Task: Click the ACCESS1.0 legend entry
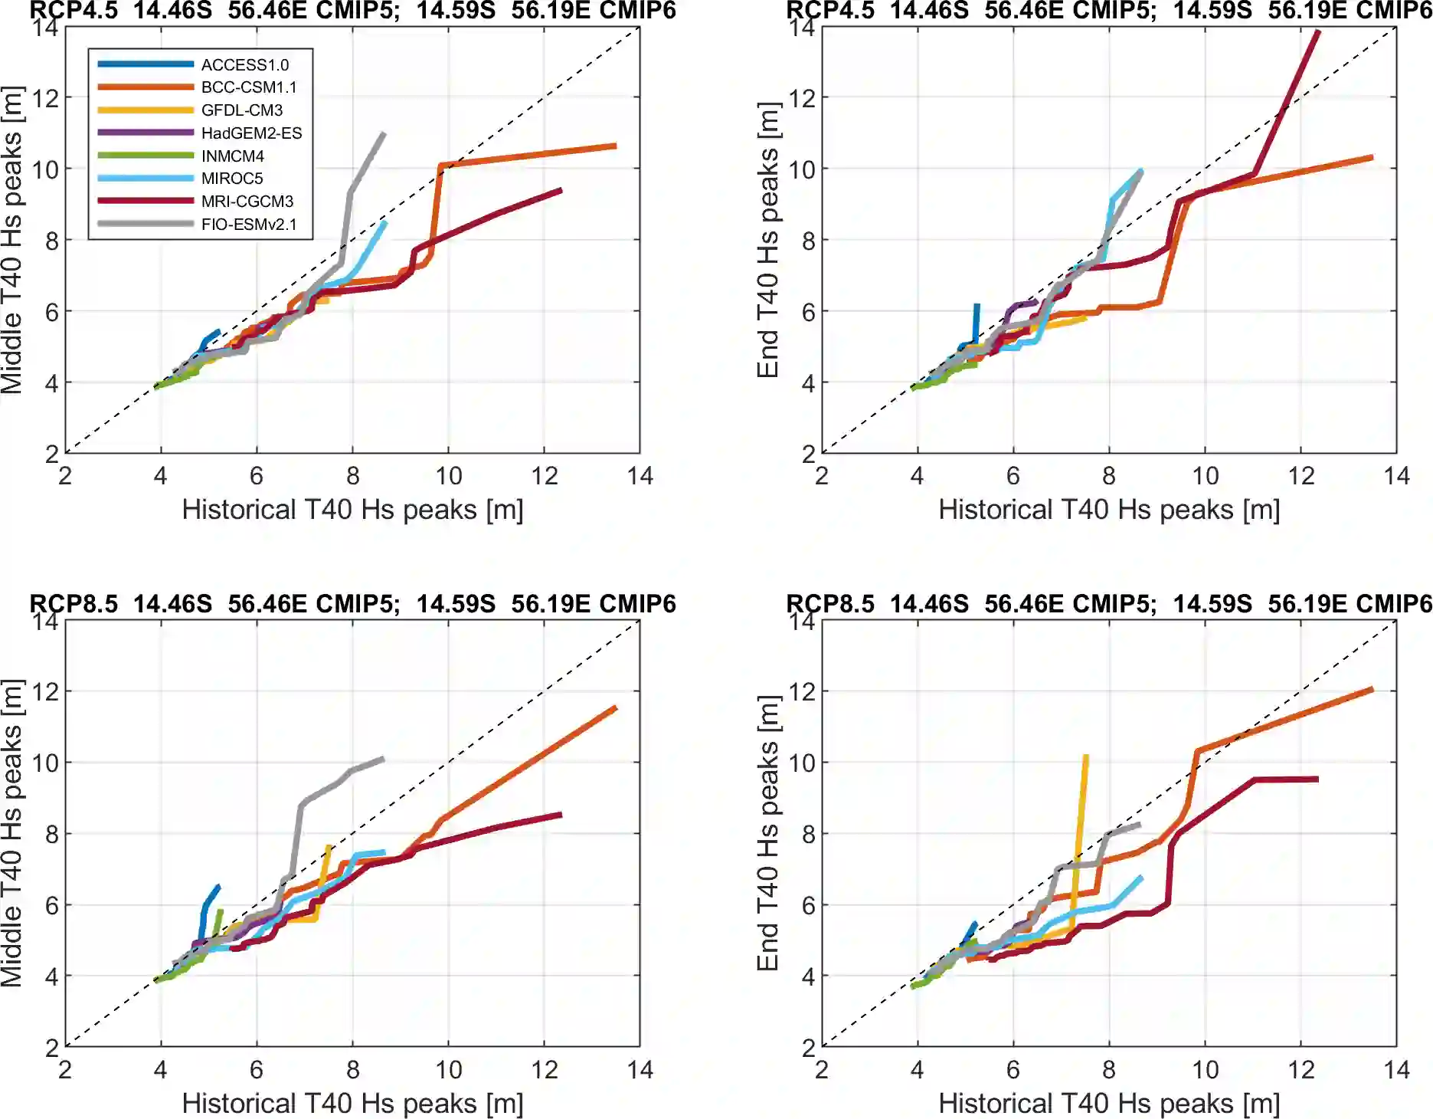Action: [245, 65]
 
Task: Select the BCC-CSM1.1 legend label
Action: [249, 87]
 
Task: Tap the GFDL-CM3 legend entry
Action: [242, 110]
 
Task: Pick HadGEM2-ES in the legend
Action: [251, 133]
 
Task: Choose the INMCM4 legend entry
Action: [233, 156]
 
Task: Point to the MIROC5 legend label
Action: [232, 179]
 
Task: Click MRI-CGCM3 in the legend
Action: [247, 202]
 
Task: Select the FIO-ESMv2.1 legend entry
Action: [249, 225]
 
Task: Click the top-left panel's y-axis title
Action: [12, 240]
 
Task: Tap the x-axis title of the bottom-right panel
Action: [1109, 1104]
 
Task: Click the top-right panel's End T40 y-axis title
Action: [768, 240]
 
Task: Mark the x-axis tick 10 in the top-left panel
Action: [449, 476]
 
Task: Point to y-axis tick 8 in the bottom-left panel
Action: [51, 834]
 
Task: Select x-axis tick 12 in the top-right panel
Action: [1301, 476]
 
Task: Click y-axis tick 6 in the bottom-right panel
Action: [808, 905]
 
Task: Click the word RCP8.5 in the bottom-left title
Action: [74, 604]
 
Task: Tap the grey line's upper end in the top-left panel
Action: [384, 134]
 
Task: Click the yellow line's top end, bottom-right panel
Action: [1086, 756]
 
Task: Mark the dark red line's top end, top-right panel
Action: [1318, 31]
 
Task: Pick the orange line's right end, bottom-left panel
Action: [616, 707]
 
